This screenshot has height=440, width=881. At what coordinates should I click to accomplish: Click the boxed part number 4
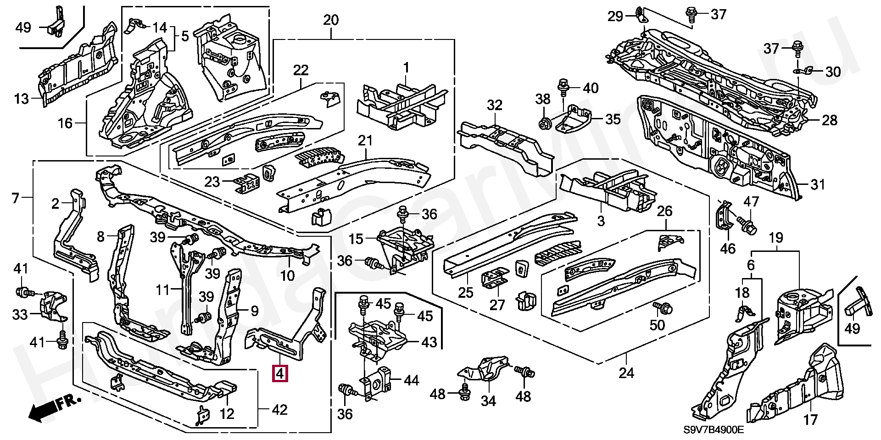coord(280,373)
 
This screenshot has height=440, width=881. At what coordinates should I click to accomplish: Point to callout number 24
coord(626,373)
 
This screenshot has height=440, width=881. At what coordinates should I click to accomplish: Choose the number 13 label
coord(22,98)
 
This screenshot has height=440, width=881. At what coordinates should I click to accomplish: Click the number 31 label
coord(818,185)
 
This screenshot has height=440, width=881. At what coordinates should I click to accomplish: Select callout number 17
coord(811,419)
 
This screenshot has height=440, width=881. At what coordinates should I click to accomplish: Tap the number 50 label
coord(657,325)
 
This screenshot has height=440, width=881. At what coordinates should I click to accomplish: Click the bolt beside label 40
coord(563,87)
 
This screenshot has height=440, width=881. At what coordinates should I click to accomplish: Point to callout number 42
coord(279,409)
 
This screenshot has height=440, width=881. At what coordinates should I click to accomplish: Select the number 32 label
coord(495,106)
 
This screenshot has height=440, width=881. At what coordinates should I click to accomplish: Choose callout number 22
coord(301,70)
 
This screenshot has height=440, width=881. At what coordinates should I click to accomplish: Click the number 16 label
coord(65,123)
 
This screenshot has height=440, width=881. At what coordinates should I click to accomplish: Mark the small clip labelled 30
coord(804,71)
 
